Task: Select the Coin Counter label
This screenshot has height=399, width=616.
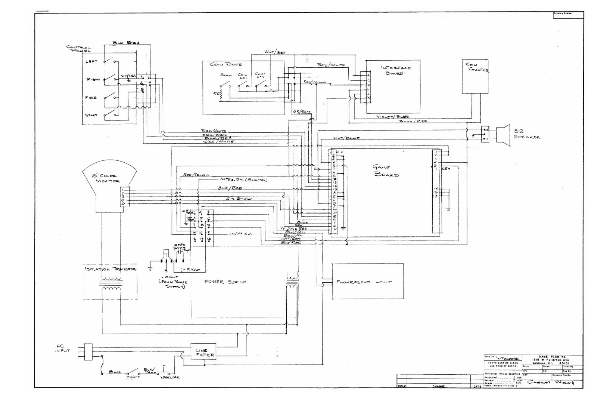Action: point(477,67)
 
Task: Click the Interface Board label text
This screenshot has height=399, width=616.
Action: point(396,70)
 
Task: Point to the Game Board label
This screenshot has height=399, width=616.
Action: point(385,171)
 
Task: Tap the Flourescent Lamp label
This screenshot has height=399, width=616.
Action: point(364,282)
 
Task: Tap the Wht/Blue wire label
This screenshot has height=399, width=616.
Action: point(346,138)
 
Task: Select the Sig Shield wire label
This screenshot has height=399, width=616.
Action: point(239,199)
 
